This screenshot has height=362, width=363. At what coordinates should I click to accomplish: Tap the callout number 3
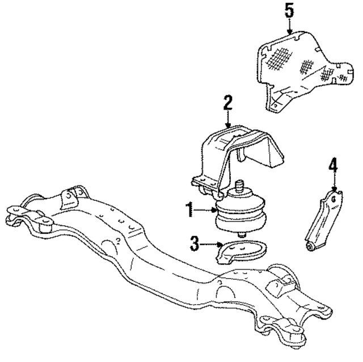(194, 245)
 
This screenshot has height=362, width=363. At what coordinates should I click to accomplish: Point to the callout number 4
(333, 166)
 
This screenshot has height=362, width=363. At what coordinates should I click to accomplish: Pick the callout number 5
(289, 10)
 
